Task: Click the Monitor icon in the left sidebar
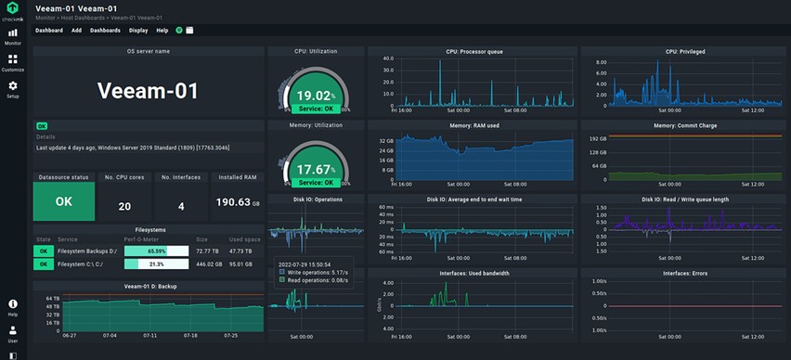tap(12, 34)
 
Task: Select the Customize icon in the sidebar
tap(12, 60)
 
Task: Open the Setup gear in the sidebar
tap(12, 87)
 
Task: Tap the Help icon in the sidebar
tap(12, 305)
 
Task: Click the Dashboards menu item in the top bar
tap(105, 30)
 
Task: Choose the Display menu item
tap(137, 30)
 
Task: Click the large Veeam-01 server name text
tap(149, 91)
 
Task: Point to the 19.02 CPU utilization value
tap(313, 95)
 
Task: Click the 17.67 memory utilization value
tap(313, 170)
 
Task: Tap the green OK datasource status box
tap(63, 201)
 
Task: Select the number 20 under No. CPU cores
tap(123, 206)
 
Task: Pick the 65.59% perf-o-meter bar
tap(156, 251)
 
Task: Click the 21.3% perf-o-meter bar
tap(156, 264)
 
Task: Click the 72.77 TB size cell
tap(207, 251)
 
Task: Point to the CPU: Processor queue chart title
tap(473, 51)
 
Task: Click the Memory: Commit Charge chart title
tap(684, 125)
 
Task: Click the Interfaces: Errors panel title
tap(684, 274)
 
